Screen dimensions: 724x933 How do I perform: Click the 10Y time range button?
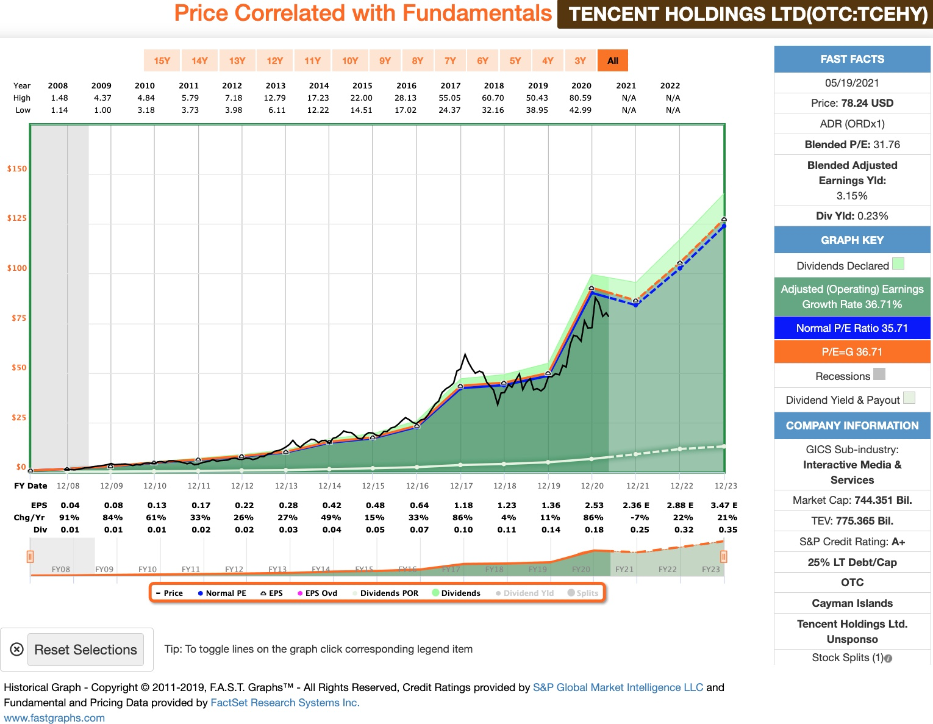(x=350, y=60)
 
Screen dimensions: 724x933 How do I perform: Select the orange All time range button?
(x=613, y=60)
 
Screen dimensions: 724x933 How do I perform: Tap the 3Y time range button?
(x=580, y=60)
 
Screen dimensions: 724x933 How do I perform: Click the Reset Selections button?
(x=85, y=650)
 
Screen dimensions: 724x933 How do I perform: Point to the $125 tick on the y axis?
(x=17, y=218)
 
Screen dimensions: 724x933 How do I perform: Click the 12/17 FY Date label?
(x=461, y=486)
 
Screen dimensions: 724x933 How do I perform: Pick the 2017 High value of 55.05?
(x=450, y=98)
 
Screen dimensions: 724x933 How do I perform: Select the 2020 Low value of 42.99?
(x=581, y=110)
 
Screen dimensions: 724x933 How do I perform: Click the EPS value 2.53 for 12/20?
(x=594, y=505)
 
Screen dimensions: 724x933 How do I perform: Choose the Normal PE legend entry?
(x=222, y=593)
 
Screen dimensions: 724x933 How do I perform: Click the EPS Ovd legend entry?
(x=317, y=593)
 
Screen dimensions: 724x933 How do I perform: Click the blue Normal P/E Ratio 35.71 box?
(x=852, y=328)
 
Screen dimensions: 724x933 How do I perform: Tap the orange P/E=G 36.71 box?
(x=852, y=352)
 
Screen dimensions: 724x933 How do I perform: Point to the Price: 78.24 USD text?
(x=852, y=103)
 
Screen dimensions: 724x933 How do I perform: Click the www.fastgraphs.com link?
(x=54, y=718)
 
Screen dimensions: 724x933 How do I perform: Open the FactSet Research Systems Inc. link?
(x=285, y=703)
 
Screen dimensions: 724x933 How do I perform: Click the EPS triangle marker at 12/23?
(x=724, y=220)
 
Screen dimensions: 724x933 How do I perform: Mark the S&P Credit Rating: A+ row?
(x=852, y=542)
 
